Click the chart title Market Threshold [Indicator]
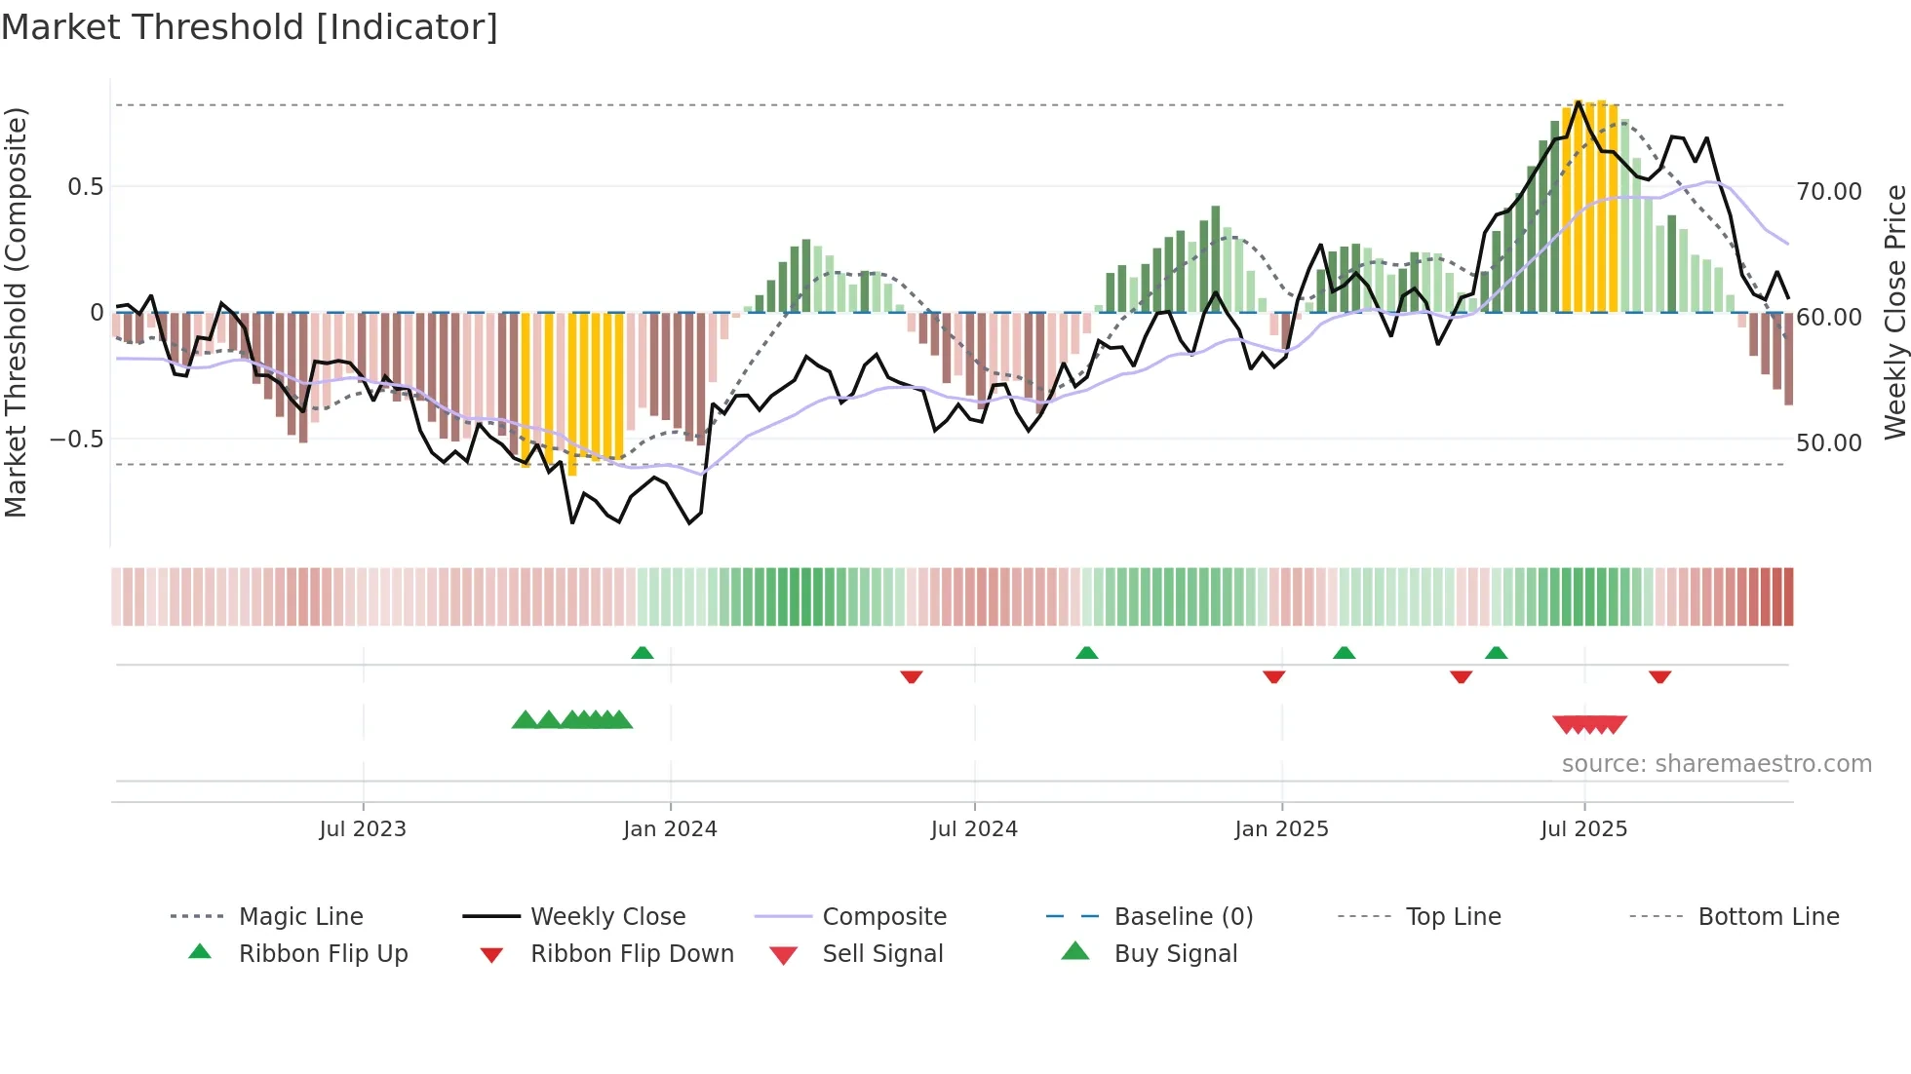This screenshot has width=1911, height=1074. tap(250, 27)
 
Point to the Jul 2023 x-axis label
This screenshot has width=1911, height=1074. tap(363, 829)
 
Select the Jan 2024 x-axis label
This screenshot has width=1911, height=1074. tap(670, 829)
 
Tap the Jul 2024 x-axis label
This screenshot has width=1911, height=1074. tap(974, 829)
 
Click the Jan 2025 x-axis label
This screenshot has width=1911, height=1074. tap(1281, 829)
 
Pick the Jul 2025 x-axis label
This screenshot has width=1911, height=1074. tap(1584, 829)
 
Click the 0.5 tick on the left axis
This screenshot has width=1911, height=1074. tap(85, 187)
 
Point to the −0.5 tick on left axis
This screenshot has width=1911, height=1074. tap(77, 440)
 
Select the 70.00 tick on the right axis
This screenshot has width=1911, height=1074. tap(1829, 192)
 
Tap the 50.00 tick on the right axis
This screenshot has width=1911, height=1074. tap(1829, 443)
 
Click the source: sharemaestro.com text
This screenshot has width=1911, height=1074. tap(1716, 764)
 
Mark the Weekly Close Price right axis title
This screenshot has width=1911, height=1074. tap(1894, 312)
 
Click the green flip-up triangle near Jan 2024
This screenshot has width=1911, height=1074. tap(643, 653)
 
